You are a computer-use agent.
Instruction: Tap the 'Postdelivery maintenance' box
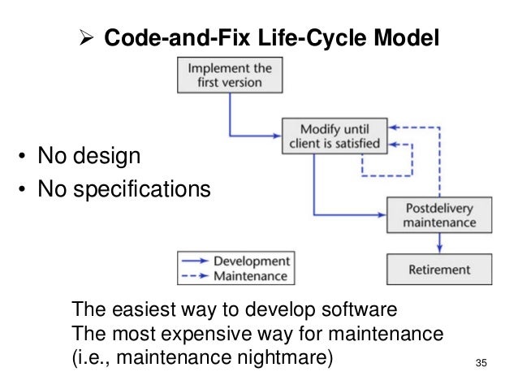438,214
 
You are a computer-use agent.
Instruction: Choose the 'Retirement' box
438,269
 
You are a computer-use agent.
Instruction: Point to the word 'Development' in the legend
251,261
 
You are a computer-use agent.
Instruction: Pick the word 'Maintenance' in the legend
250,276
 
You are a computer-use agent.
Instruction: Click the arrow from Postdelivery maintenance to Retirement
438,242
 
